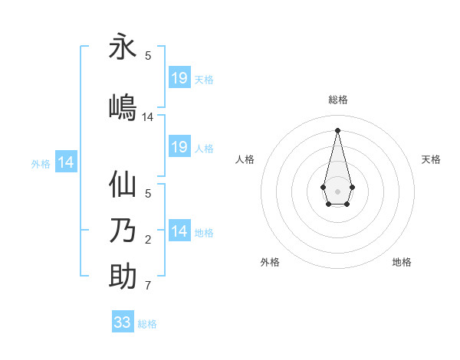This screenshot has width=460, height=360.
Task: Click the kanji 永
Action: point(123,47)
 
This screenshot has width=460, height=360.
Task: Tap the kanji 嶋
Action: point(123,107)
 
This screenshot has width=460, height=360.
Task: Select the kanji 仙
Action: point(123,185)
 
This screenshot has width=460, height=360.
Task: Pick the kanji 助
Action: point(123,277)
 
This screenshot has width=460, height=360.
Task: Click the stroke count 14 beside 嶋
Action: point(148,117)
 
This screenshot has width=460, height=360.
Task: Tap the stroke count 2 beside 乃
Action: point(148,240)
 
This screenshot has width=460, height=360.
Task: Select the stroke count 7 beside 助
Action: point(148,286)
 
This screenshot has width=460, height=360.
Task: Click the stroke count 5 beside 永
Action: point(148,56)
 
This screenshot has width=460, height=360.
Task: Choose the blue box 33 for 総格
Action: point(123,322)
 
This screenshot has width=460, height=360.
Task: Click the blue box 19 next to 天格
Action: point(179,78)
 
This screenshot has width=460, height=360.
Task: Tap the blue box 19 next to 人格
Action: point(179,147)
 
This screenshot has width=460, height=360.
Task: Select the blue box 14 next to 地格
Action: point(179,231)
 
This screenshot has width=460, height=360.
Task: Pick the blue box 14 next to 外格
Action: point(66,162)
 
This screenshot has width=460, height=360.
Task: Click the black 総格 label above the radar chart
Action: point(337,100)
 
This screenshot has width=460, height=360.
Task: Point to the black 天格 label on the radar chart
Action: point(431,159)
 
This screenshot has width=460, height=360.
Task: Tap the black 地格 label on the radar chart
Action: point(402,262)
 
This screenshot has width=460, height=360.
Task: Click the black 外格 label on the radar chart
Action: point(270,262)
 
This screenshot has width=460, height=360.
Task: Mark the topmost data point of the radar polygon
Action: point(337,130)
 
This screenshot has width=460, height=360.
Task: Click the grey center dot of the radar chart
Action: point(337,191)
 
